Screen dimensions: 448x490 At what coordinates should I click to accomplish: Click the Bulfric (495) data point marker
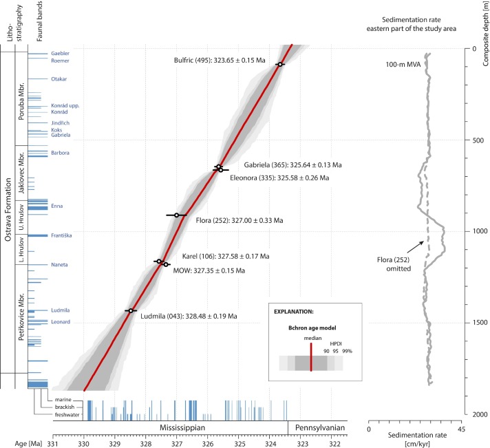pos(279,65)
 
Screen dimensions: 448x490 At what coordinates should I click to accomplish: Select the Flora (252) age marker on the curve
pos(177,215)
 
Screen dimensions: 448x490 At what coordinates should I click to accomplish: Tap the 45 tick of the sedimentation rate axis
pos(462,429)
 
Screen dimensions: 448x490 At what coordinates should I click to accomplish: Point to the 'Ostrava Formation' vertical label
pos(7,211)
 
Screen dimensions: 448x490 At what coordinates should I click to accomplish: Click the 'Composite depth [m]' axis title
pos(484,34)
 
